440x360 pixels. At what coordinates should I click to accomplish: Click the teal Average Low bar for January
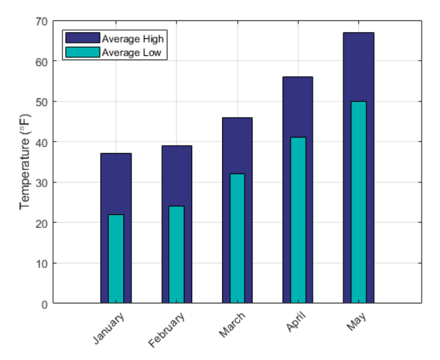coord(116,259)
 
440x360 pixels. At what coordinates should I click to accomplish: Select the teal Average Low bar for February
coord(176,255)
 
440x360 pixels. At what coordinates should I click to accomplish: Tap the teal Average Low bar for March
coord(237,238)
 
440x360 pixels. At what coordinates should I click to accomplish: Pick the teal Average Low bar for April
coord(298,220)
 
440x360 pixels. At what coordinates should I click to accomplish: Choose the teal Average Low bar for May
coord(358,202)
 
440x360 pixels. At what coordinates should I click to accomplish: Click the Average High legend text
coord(133,38)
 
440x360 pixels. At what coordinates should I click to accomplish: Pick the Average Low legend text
coord(132,52)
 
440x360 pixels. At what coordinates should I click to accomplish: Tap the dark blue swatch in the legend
coord(82,38)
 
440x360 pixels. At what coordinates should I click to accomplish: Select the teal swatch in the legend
coord(82,52)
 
